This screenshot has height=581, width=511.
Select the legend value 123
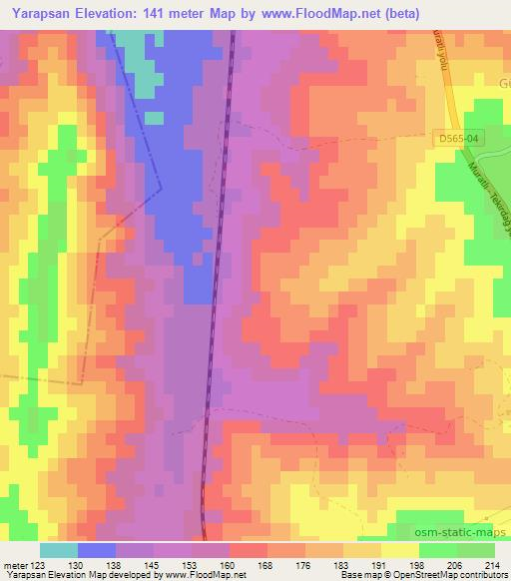point(39,565)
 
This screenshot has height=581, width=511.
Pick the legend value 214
point(492,565)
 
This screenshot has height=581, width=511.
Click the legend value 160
point(229,565)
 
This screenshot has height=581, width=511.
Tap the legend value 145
point(153,565)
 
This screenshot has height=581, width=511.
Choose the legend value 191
point(378,565)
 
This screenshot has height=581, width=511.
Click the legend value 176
point(303,565)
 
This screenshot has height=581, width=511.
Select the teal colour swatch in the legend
point(58,550)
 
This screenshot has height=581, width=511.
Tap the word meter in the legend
point(15,565)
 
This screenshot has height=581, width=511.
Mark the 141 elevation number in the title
point(154,12)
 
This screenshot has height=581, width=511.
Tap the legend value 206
point(454,565)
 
